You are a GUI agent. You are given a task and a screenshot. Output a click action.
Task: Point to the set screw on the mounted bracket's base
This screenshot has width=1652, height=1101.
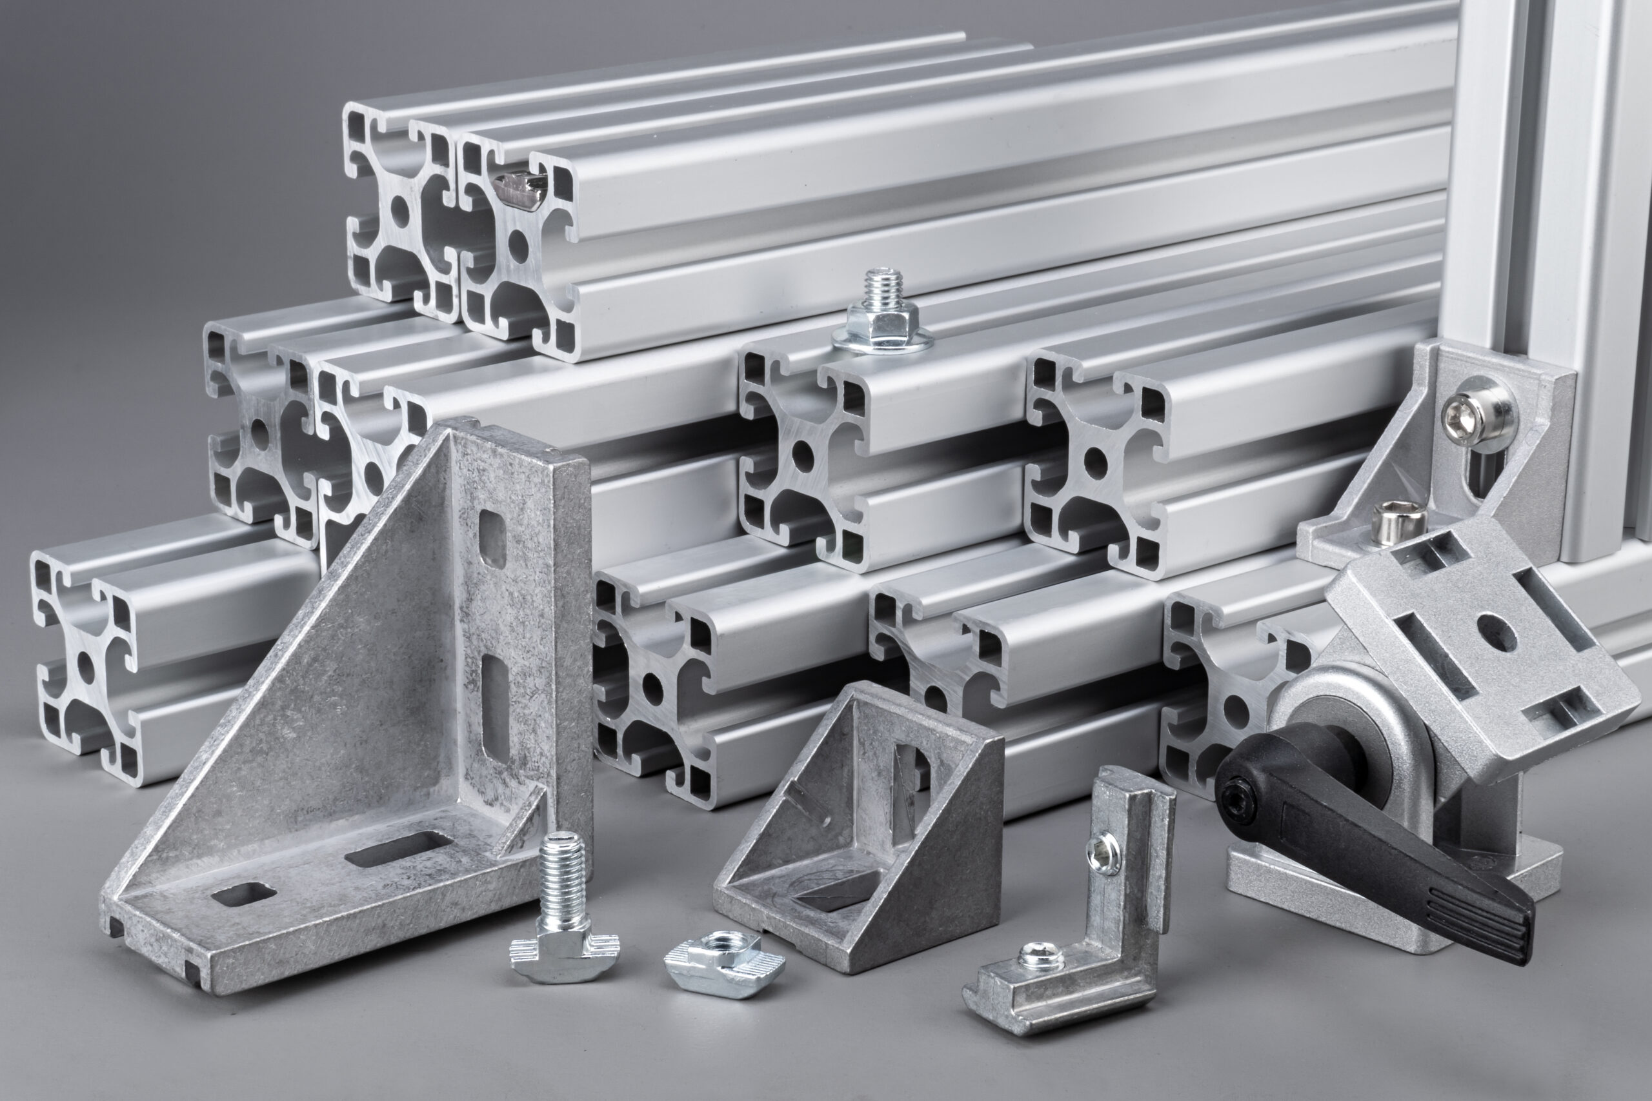coord(1398,523)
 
